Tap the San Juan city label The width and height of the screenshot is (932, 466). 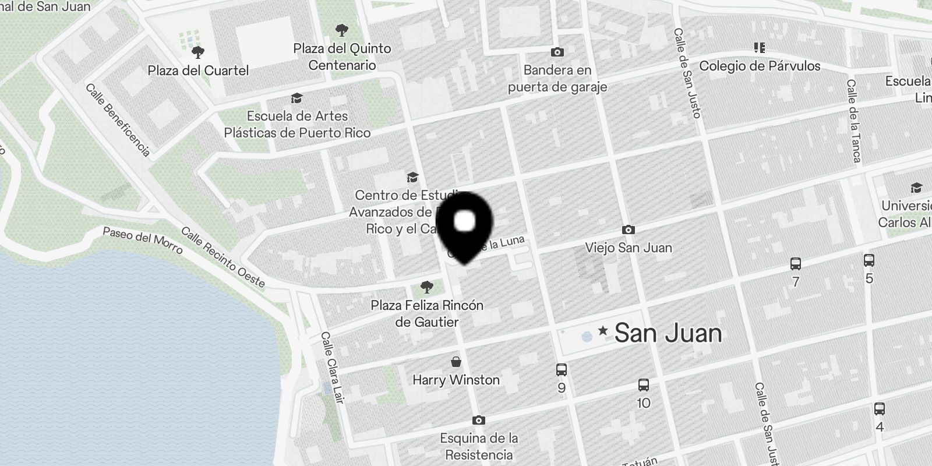point(668,333)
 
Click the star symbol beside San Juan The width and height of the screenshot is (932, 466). point(603,331)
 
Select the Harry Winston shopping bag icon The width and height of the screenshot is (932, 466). point(456,362)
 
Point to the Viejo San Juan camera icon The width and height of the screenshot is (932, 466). point(628,230)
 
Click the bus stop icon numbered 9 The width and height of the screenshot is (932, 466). point(562,369)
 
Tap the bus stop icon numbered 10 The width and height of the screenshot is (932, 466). point(644,384)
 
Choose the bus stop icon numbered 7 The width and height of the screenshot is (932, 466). point(796,264)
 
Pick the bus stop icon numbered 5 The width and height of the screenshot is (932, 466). point(869,260)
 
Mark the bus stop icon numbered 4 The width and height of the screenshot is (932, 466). point(880,409)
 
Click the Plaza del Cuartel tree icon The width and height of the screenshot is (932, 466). point(198,52)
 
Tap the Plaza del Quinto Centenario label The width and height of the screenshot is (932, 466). point(342,57)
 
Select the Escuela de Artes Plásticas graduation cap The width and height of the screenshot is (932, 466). point(297,98)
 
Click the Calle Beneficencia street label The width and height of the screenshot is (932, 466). point(118,120)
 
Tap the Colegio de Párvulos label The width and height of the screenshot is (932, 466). point(760,66)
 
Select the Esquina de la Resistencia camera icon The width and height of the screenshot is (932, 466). point(479,420)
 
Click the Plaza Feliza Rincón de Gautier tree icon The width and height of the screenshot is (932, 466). point(427,287)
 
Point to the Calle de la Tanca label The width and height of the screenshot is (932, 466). point(853,121)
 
